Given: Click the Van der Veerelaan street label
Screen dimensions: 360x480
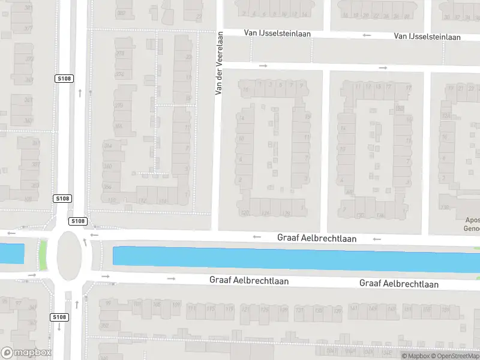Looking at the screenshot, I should (x=220, y=63).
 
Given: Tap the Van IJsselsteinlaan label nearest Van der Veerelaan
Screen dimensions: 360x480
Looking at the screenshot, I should (x=277, y=33).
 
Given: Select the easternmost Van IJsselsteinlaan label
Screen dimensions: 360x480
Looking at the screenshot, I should (x=427, y=37).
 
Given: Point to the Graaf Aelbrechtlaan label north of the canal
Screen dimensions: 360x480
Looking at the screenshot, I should (x=317, y=238).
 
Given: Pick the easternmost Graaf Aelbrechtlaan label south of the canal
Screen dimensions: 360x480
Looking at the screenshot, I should (x=399, y=284).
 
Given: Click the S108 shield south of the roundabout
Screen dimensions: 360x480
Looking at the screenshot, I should (x=59, y=317).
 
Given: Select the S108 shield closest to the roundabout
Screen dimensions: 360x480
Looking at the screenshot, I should (x=77, y=221).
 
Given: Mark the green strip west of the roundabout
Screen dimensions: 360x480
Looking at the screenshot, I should (x=43, y=255).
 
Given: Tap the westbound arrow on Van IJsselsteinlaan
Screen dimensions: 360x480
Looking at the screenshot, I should (x=367, y=35).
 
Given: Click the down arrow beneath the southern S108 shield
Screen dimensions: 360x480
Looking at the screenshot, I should (x=59, y=327).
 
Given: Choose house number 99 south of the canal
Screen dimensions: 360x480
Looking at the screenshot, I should (x=109, y=304).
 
